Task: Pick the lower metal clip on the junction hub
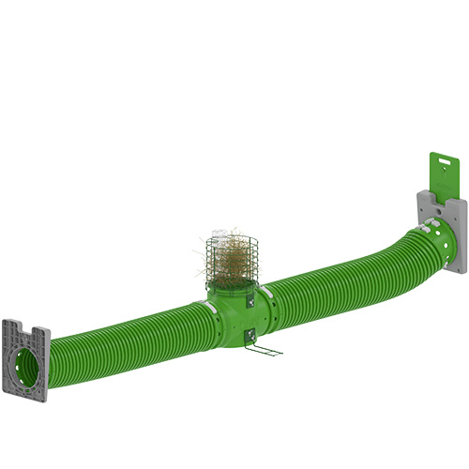point(250,334)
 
